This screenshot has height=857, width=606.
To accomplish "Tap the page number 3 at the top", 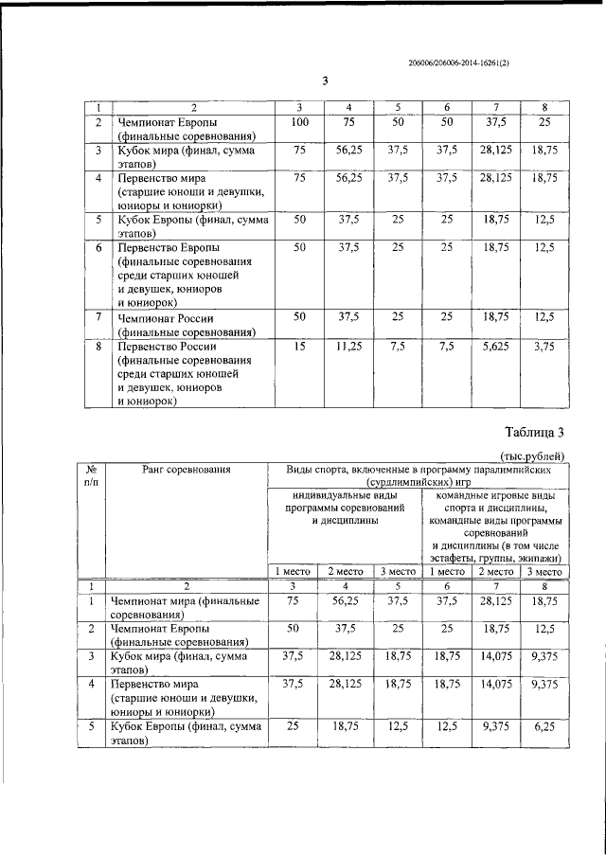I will click(324, 80).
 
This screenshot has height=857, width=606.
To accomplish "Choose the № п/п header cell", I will click(93, 474).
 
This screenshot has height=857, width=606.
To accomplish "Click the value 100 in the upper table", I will click(299, 123).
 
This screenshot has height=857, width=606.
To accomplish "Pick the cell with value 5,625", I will click(495, 348).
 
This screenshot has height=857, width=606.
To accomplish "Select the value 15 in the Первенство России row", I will click(299, 348).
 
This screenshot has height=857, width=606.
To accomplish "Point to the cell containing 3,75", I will click(544, 348).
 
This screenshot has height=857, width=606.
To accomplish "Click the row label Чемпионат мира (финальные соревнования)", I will click(187, 607).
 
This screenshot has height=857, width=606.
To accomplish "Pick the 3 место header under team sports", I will click(544, 572).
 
